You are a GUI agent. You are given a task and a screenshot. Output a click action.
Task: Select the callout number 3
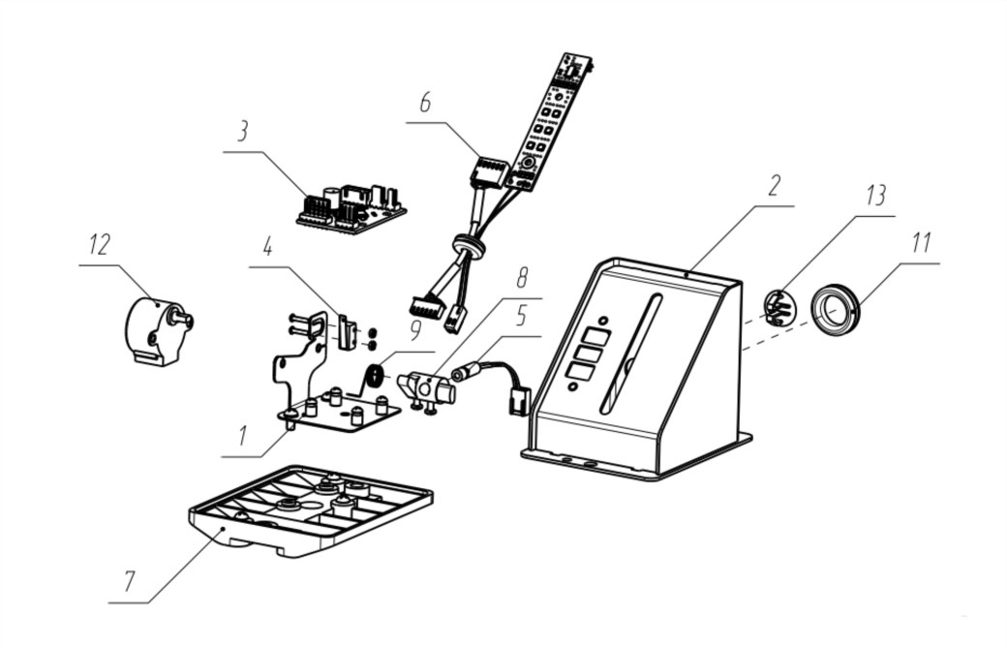point(243,133)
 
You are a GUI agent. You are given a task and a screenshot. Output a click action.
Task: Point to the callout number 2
point(774,187)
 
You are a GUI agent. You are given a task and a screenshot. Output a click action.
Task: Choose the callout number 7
point(130,581)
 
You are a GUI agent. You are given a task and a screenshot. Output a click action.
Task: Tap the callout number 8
point(522,279)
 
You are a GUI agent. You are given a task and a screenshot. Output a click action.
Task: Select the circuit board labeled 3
point(351,209)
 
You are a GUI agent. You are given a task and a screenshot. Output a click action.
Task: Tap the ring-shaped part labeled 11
point(835,310)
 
